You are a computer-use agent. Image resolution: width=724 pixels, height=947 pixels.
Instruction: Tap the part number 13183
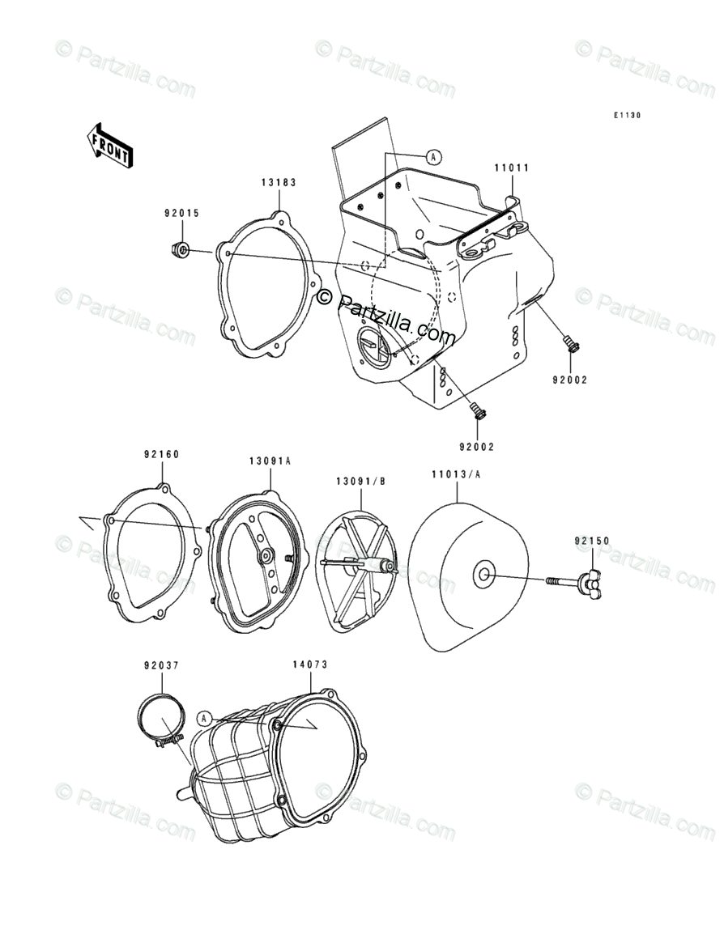pos(279,183)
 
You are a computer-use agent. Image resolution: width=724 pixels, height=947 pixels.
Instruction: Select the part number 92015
pos(181,214)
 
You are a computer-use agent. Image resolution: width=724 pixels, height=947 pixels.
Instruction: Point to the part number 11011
pos(512,168)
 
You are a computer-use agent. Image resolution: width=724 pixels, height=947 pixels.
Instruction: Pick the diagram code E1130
pos(626,116)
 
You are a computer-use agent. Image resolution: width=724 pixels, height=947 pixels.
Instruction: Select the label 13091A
pos(270,461)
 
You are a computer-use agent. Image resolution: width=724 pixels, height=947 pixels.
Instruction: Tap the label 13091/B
pos(361,481)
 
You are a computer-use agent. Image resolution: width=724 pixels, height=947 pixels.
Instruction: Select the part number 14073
pos(310,665)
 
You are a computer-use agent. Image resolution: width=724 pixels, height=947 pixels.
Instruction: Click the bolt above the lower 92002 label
pos(478,411)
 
